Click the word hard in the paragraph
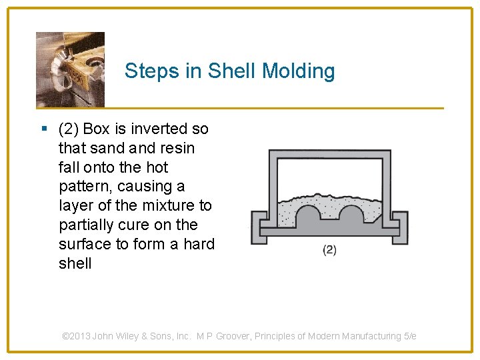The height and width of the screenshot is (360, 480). tap(199, 244)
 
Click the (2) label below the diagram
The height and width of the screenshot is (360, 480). tap(329, 250)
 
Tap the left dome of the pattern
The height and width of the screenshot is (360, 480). tap(309, 217)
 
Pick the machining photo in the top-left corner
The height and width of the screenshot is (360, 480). tap(70, 69)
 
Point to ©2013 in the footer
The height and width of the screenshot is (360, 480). tap(76, 337)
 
